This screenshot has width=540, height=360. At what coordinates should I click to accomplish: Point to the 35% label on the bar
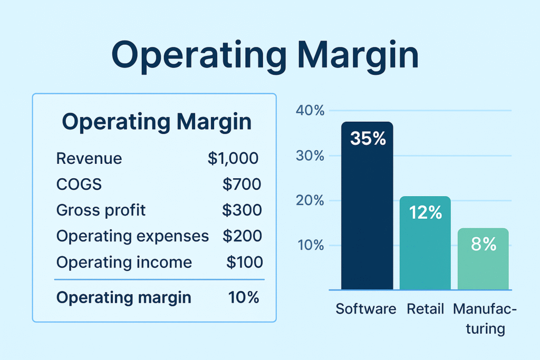click(368, 139)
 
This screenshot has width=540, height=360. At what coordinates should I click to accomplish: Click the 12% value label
click(425, 212)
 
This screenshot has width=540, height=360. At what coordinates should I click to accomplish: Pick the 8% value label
click(484, 244)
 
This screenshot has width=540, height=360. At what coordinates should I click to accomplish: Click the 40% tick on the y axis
click(310, 111)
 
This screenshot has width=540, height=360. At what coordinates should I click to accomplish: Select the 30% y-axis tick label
click(310, 156)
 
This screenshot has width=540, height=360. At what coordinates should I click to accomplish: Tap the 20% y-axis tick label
click(310, 201)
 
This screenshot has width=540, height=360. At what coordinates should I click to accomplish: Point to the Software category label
click(366, 308)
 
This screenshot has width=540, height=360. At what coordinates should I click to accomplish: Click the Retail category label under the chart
click(425, 308)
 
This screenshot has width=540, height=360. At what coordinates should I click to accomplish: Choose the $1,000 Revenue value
click(234, 158)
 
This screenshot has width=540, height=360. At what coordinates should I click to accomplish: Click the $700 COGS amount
click(242, 184)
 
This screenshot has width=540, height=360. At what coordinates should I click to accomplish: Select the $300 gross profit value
click(242, 210)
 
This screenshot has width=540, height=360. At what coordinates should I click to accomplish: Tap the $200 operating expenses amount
click(242, 236)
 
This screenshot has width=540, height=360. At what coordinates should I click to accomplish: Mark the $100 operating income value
click(244, 262)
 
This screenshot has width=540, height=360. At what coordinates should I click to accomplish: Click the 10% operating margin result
click(244, 297)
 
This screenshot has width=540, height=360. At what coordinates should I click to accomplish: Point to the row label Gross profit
click(101, 210)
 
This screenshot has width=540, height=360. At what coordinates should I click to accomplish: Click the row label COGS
click(79, 184)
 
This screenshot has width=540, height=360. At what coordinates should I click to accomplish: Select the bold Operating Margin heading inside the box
click(157, 122)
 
